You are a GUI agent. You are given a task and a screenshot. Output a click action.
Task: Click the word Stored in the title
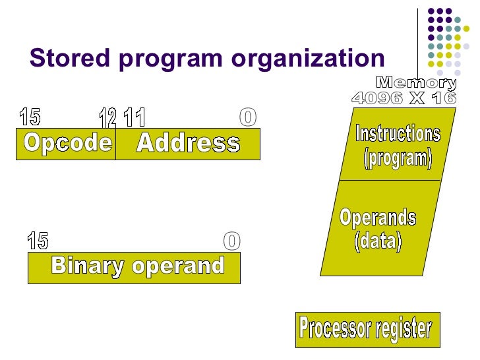pyautogui.click(x=61, y=59)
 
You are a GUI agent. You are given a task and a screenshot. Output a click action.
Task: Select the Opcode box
pyautogui.click(x=67, y=143)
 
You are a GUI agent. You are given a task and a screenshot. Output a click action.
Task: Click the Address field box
pyautogui.click(x=188, y=144)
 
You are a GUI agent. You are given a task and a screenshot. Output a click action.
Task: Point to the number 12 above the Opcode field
pyautogui.click(x=107, y=119)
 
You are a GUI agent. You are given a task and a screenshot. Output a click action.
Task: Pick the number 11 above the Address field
pyautogui.click(x=135, y=119)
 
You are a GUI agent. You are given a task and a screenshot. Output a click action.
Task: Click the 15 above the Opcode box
pyautogui.click(x=30, y=117)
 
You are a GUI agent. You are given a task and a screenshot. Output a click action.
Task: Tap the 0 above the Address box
pyautogui.click(x=247, y=117)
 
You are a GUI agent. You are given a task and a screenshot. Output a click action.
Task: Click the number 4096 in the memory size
pyautogui.click(x=377, y=98)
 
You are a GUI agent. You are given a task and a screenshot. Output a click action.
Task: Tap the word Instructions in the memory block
pyautogui.click(x=398, y=134)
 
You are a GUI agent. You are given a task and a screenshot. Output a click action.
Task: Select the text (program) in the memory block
pyautogui.click(x=398, y=158)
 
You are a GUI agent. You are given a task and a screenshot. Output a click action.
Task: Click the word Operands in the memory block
pyautogui.click(x=378, y=218)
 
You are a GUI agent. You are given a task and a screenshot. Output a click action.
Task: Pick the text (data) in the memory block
pyautogui.click(x=378, y=241)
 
